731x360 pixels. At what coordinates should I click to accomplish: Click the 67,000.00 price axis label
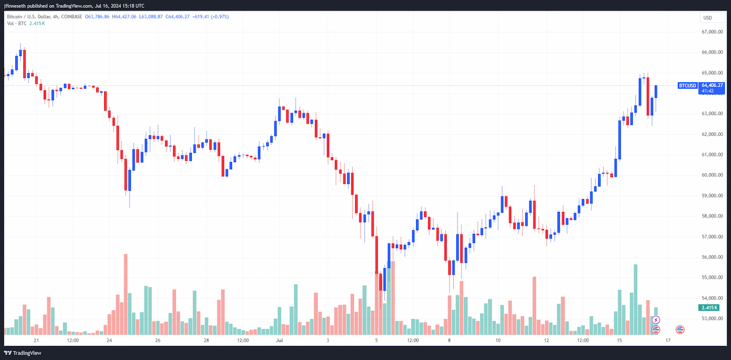712,32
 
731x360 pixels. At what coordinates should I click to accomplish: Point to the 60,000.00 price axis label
712,175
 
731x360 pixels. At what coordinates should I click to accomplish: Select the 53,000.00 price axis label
712,319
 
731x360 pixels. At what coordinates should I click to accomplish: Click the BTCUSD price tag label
687,85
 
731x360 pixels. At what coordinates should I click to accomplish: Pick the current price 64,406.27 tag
712,85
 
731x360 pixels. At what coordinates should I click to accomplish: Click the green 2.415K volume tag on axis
709,308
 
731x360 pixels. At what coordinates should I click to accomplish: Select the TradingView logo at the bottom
23,353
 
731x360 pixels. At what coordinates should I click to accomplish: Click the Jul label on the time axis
280,341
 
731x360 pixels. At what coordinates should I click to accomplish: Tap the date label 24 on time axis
109,341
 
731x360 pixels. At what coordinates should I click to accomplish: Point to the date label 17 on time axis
668,341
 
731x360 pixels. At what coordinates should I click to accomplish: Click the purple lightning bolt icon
655,320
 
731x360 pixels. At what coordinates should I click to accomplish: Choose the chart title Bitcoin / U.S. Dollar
29,16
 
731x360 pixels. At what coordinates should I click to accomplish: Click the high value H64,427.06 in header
124,16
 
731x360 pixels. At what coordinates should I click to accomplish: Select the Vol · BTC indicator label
16,24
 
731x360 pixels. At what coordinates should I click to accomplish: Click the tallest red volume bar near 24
125,294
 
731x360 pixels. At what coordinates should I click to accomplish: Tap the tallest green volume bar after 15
635,300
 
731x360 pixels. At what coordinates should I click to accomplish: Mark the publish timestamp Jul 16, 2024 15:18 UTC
119,6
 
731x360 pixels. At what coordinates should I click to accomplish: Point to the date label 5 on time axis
376,341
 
